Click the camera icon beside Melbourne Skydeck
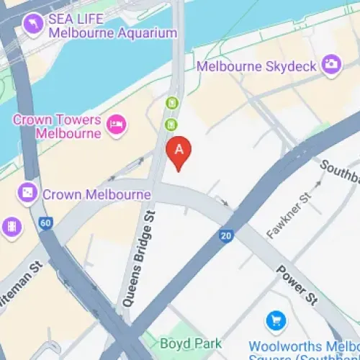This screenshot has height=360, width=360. pos(330,63)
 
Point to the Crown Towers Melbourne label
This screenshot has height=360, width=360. pos(57,126)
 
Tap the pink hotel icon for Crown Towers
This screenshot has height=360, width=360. pos(115,127)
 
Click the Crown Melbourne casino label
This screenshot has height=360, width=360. pos(96,194)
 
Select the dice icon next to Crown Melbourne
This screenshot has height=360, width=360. pos(27,194)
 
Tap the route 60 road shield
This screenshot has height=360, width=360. pos(46,223)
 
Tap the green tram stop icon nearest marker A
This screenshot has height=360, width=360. pos(171,125)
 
